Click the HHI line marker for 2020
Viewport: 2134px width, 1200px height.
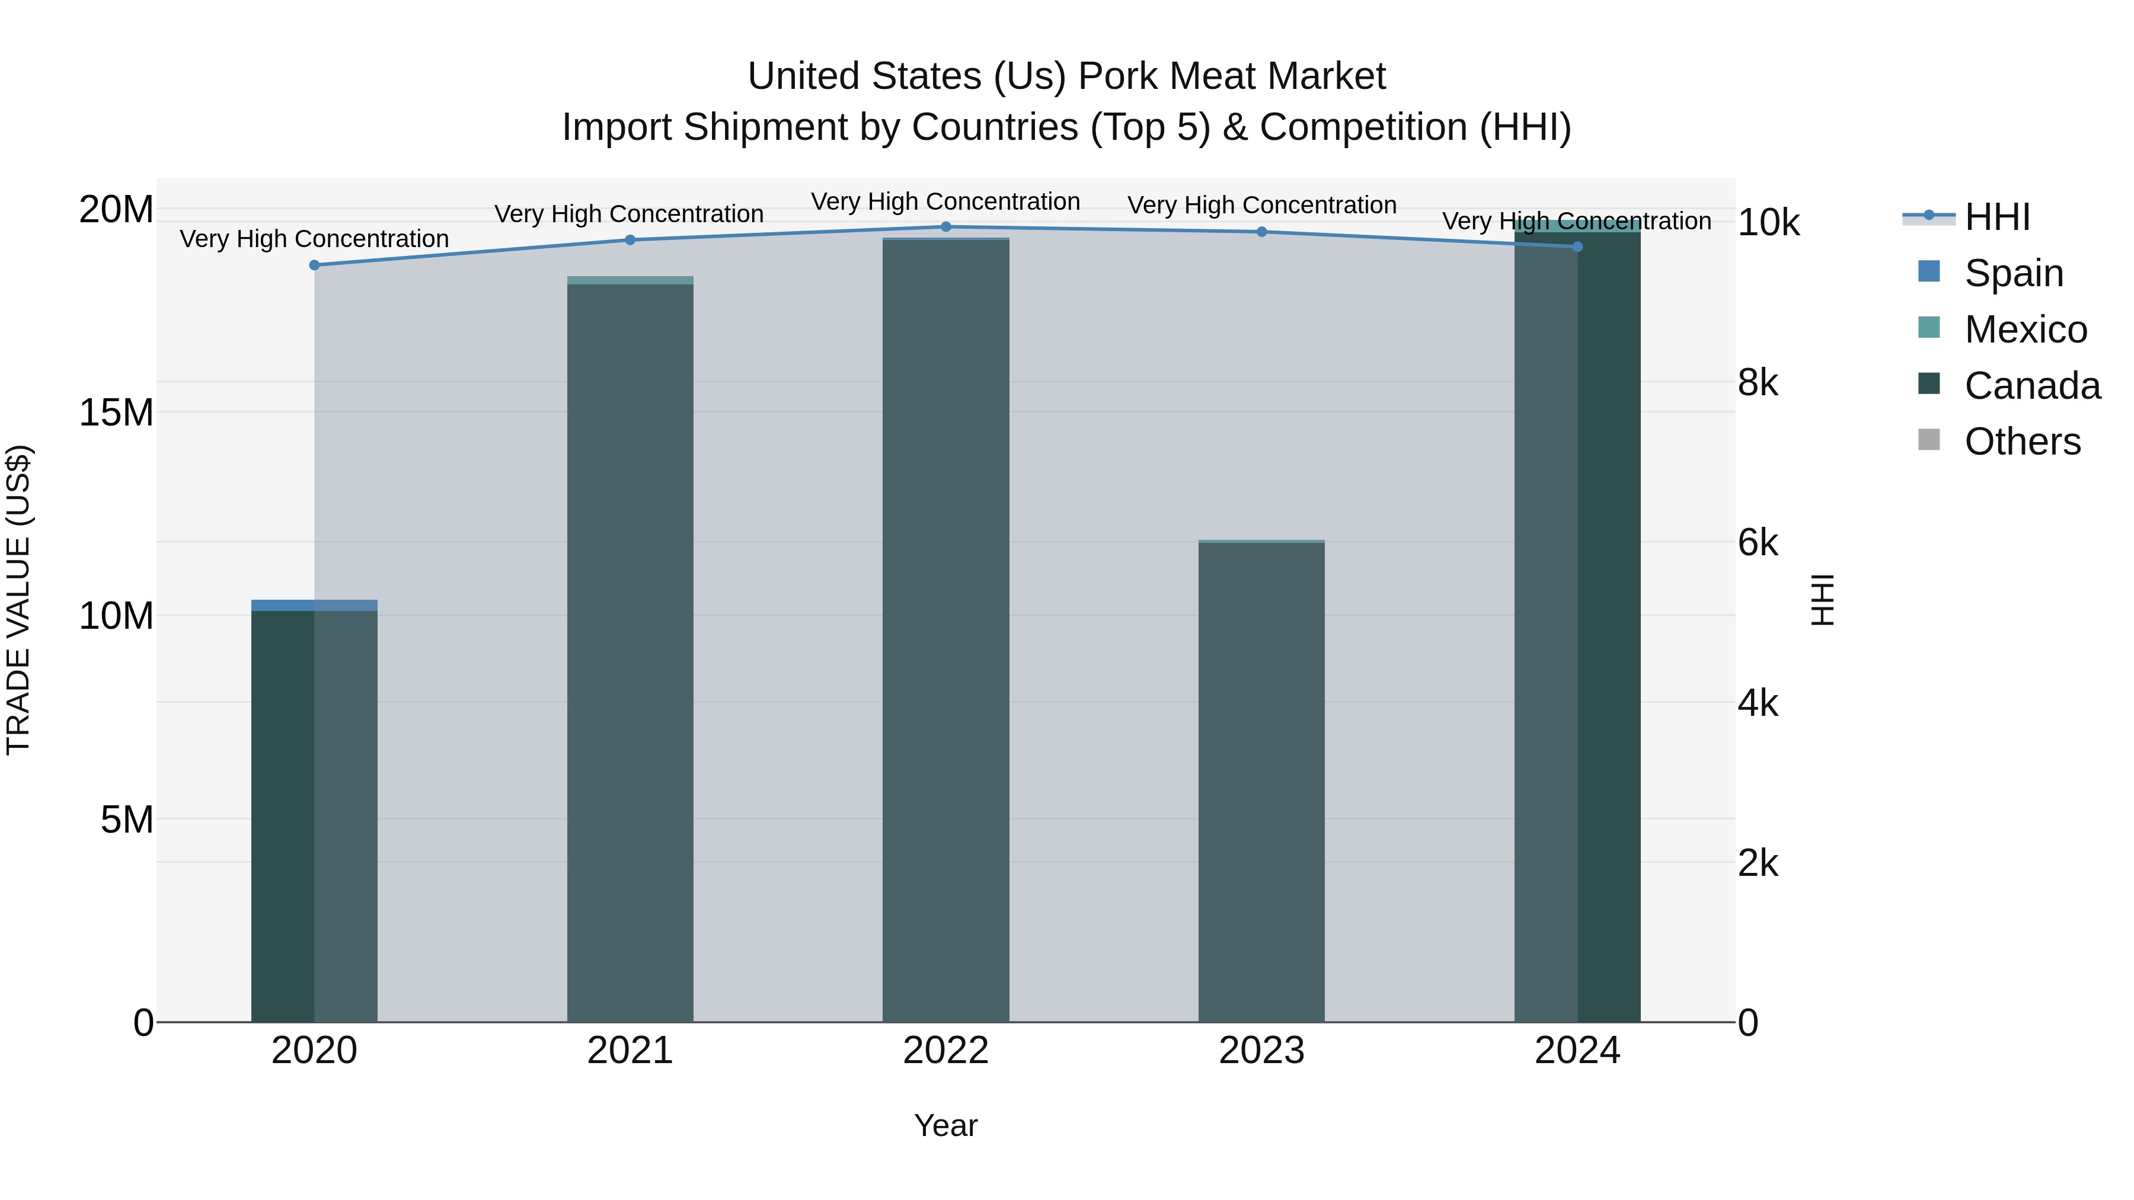(x=314, y=265)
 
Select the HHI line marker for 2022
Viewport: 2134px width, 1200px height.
(x=945, y=227)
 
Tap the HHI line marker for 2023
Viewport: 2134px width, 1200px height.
(x=1261, y=232)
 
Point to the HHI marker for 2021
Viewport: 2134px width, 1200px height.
(x=630, y=240)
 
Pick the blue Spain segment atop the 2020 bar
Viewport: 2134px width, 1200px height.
(x=314, y=606)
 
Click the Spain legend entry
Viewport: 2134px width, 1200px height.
(x=2013, y=273)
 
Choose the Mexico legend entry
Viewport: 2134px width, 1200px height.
(x=2025, y=329)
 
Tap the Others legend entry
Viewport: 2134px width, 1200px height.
(x=2021, y=441)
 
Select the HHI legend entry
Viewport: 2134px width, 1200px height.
(x=1996, y=217)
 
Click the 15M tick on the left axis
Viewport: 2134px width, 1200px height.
(x=116, y=412)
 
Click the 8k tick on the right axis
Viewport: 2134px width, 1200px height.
(x=1758, y=383)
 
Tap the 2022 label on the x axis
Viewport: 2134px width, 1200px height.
(x=945, y=1051)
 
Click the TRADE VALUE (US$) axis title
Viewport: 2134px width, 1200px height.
(x=18, y=600)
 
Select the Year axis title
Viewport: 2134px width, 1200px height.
(x=945, y=1125)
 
